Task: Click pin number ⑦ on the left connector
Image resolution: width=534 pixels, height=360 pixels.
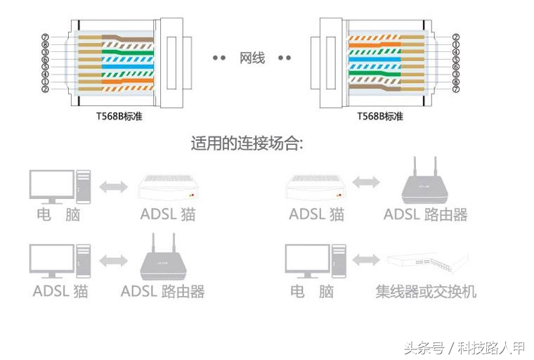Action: [x=45, y=37]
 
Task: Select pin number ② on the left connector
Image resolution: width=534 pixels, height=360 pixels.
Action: [x=45, y=89]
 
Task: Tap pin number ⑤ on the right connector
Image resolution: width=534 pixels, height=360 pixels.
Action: [x=455, y=60]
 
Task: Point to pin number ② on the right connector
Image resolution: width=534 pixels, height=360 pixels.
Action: [x=455, y=37]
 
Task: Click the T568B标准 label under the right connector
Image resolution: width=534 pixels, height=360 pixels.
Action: [x=380, y=117]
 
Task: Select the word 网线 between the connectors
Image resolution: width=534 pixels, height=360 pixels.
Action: [x=252, y=58]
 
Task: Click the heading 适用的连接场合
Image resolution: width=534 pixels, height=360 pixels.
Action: [x=247, y=144]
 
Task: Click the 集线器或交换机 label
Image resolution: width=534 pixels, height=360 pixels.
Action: [x=426, y=290]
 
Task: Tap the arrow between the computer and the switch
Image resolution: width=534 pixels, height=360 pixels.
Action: [x=365, y=261]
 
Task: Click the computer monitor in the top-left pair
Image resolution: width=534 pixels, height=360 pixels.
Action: [x=51, y=184]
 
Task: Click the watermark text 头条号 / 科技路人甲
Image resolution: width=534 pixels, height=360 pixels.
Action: [x=464, y=347]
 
